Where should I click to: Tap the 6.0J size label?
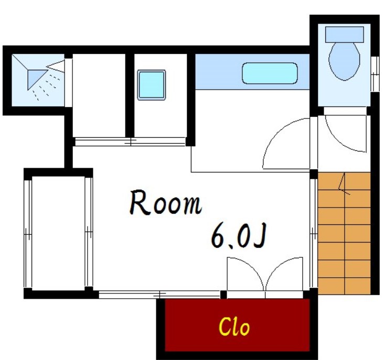coord(238,235)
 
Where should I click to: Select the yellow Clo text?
coord(234,326)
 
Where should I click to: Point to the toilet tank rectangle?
coord(344,34)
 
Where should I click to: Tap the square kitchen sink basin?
coord(152,85)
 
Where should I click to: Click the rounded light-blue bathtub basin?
coord(270,73)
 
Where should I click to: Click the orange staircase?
coord(344,233)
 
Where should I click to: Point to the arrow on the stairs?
coord(343,183)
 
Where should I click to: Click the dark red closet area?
coord(237,325)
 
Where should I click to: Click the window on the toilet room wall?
coord(375,74)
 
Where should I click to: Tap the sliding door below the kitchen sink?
coord(130,141)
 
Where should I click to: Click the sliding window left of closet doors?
coord(159,294)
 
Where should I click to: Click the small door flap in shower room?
coord(56,66)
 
